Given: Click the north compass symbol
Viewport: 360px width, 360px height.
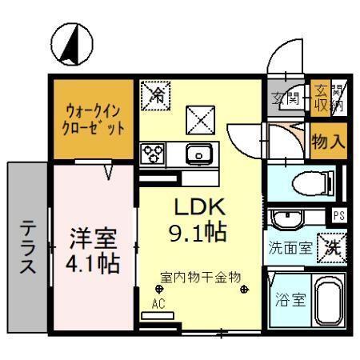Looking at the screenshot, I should point(72,45).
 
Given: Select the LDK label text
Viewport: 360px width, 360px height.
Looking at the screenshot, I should point(202,206).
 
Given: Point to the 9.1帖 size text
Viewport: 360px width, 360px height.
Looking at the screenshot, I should point(202,233).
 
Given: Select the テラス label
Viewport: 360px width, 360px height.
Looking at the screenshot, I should point(28,246).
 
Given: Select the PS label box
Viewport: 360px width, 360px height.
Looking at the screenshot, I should point(338,215).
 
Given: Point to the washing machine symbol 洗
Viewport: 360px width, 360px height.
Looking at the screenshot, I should point(331,246).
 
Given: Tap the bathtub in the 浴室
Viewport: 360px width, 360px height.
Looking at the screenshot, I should point(328,302).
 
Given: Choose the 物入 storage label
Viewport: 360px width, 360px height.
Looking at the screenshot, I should point(328,142).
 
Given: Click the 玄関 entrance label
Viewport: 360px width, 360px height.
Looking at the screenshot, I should point(286,99).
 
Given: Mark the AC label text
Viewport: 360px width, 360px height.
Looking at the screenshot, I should point(157,303).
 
